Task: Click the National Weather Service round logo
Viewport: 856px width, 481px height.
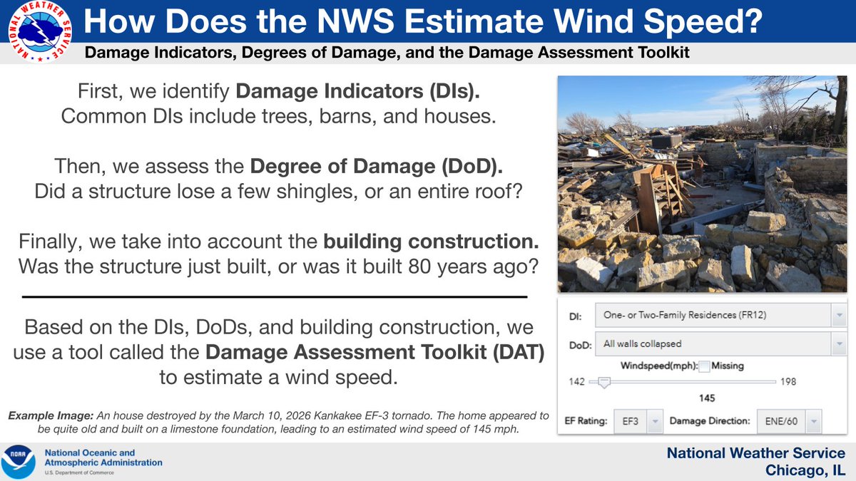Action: coord(40,31)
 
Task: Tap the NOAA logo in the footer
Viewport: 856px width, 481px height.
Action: coord(19,462)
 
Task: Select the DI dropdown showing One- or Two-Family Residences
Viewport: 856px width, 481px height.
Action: coord(720,315)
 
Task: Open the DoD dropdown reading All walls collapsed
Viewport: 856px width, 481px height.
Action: coord(720,344)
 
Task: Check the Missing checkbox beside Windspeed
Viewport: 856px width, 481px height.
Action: coord(704,366)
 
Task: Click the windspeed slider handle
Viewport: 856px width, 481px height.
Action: coord(604,383)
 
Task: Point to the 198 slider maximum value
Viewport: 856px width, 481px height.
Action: coord(788,382)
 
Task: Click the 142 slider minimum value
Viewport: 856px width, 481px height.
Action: coord(576,382)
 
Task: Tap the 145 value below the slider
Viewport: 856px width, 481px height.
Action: coord(707,398)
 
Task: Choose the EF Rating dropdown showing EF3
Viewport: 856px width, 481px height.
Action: coord(638,421)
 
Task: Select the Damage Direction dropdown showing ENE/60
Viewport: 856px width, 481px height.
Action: coord(789,421)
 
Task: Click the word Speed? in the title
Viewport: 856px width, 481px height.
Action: coord(703,22)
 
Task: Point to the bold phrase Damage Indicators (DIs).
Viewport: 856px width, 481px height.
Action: coord(357,91)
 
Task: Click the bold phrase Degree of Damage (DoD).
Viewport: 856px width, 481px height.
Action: coord(377,167)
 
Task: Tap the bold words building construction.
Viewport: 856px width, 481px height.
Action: coord(431,242)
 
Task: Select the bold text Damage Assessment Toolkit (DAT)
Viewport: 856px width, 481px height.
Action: coord(375,352)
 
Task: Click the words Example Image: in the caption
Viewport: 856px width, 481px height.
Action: coord(51,415)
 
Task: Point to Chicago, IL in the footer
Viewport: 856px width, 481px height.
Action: coord(805,470)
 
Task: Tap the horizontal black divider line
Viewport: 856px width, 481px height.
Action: coord(275,296)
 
